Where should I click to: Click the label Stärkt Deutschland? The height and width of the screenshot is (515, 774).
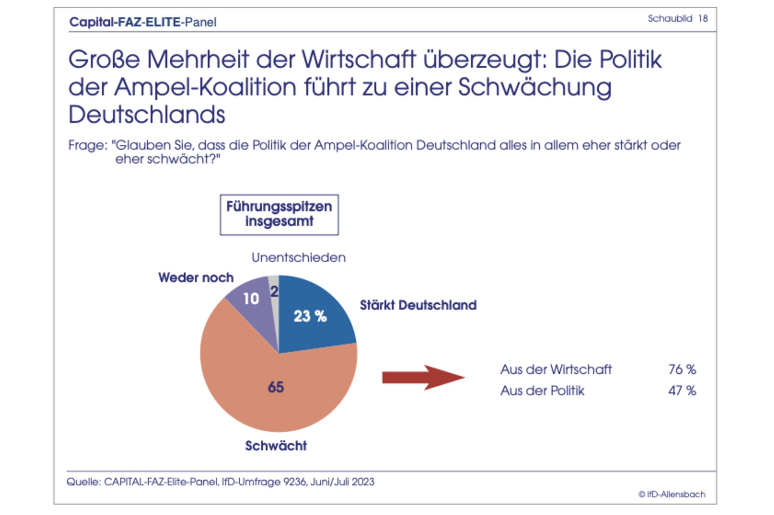[418, 305]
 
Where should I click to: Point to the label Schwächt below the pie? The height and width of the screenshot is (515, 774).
[276, 446]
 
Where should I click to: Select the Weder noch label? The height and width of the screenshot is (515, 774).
[196, 278]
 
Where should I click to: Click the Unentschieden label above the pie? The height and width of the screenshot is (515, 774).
[299, 258]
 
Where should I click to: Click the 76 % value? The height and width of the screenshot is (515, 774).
[682, 370]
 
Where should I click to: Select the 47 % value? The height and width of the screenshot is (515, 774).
[682, 391]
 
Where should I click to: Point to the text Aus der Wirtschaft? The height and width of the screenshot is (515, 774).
[556, 370]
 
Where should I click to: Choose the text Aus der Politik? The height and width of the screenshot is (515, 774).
[542, 391]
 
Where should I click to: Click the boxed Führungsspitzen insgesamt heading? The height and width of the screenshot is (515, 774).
[279, 214]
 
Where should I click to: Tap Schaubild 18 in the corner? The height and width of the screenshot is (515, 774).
[678, 19]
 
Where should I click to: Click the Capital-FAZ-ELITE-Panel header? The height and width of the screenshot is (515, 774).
[143, 22]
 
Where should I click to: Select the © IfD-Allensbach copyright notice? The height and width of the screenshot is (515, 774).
[672, 494]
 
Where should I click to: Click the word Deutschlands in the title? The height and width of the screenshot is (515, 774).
[147, 114]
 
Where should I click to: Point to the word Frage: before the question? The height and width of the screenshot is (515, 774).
[88, 145]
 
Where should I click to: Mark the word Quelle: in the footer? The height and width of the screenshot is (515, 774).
[84, 482]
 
